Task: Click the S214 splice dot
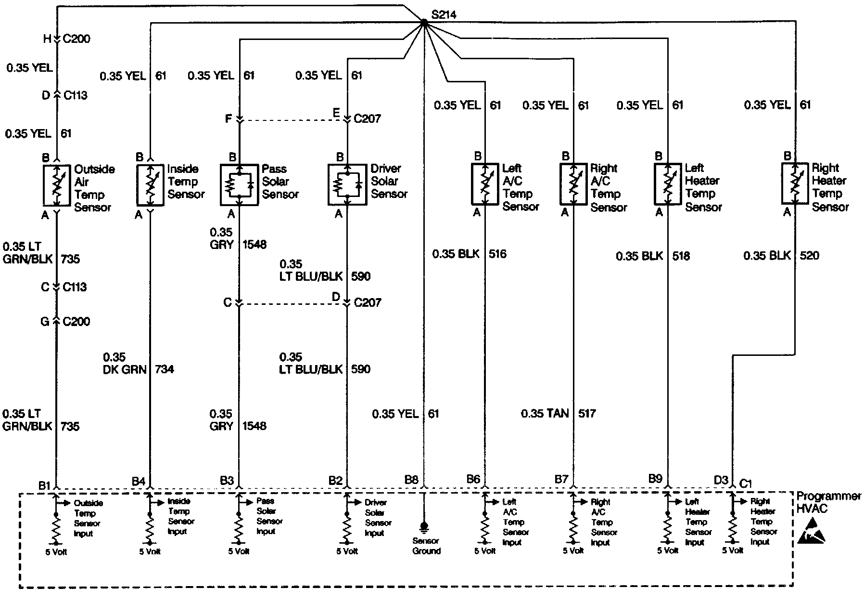424,22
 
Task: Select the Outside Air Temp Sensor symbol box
56,185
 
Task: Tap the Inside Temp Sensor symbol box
150,185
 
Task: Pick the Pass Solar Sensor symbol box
239,185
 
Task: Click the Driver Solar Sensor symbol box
347,185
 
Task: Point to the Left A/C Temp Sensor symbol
484,183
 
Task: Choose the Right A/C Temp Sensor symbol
573,184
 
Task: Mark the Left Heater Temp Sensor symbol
667,184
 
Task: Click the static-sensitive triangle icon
812,533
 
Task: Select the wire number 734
165,369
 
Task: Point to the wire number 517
587,413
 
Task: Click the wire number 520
809,255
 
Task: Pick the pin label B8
411,480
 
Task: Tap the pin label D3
721,480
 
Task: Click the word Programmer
828,496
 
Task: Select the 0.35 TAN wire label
545,413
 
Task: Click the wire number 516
497,254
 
